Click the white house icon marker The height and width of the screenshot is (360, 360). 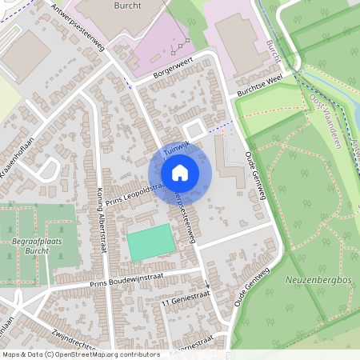click(180, 172)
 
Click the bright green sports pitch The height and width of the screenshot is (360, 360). click(150, 242)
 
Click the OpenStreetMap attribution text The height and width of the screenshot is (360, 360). click(80, 354)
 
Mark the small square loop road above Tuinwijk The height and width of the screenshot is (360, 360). click(193, 130)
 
